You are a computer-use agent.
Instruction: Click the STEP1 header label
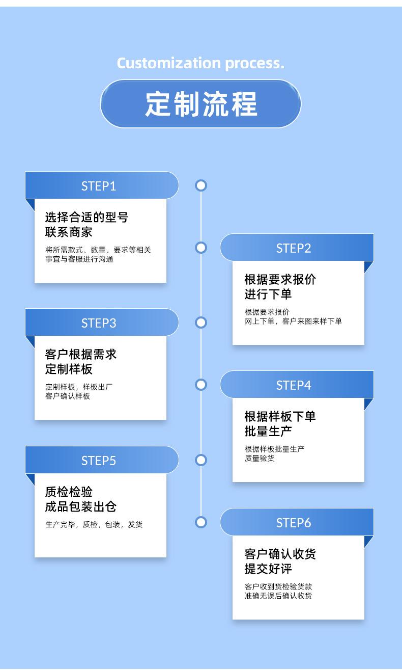[x=99, y=186]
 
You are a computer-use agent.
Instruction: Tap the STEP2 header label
[x=294, y=248]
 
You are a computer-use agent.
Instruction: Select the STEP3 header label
[x=99, y=323]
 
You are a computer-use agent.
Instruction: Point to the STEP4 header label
[x=294, y=385]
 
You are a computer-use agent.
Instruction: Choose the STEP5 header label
[x=99, y=461]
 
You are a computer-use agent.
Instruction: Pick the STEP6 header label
[x=294, y=523]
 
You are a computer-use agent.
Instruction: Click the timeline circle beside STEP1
[x=201, y=185]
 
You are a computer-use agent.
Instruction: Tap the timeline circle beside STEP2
[x=201, y=248]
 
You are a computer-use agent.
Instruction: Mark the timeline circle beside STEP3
[x=201, y=323]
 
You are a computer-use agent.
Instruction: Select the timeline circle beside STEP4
[x=201, y=385]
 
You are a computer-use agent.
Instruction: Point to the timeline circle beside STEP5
[x=201, y=460]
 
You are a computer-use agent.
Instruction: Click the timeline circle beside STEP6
[x=201, y=522]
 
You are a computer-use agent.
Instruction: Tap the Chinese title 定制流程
[x=201, y=104]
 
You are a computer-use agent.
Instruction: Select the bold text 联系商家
[x=69, y=232]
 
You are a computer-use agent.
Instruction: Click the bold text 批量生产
[x=268, y=431]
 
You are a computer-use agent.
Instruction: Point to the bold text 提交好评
[x=268, y=569]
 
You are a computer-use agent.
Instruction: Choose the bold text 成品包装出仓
[x=81, y=506]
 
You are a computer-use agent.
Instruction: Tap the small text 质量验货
[x=260, y=458]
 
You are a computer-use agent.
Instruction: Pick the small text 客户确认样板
[x=68, y=396]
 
